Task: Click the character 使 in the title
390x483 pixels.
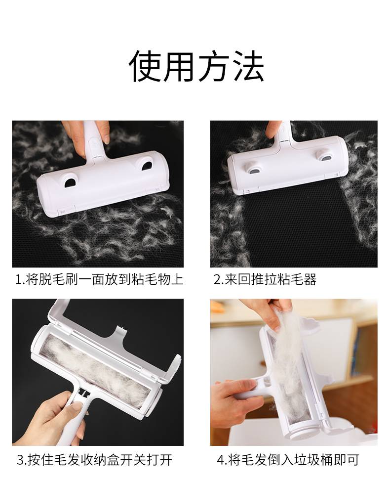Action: (x=146, y=66)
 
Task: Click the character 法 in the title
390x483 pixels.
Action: (x=247, y=66)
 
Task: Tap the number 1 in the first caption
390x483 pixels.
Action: (x=18, y=280)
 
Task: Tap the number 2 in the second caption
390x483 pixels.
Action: (x=217, y=280)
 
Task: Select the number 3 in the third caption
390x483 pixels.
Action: (x=20, y=461)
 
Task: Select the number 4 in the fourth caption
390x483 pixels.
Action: (x=221, y=461)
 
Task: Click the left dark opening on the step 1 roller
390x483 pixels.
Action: (x=71, y=182)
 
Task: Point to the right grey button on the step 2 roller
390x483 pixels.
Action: (x=325, y=158)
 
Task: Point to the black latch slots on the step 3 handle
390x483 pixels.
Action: (x=84, y=392)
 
